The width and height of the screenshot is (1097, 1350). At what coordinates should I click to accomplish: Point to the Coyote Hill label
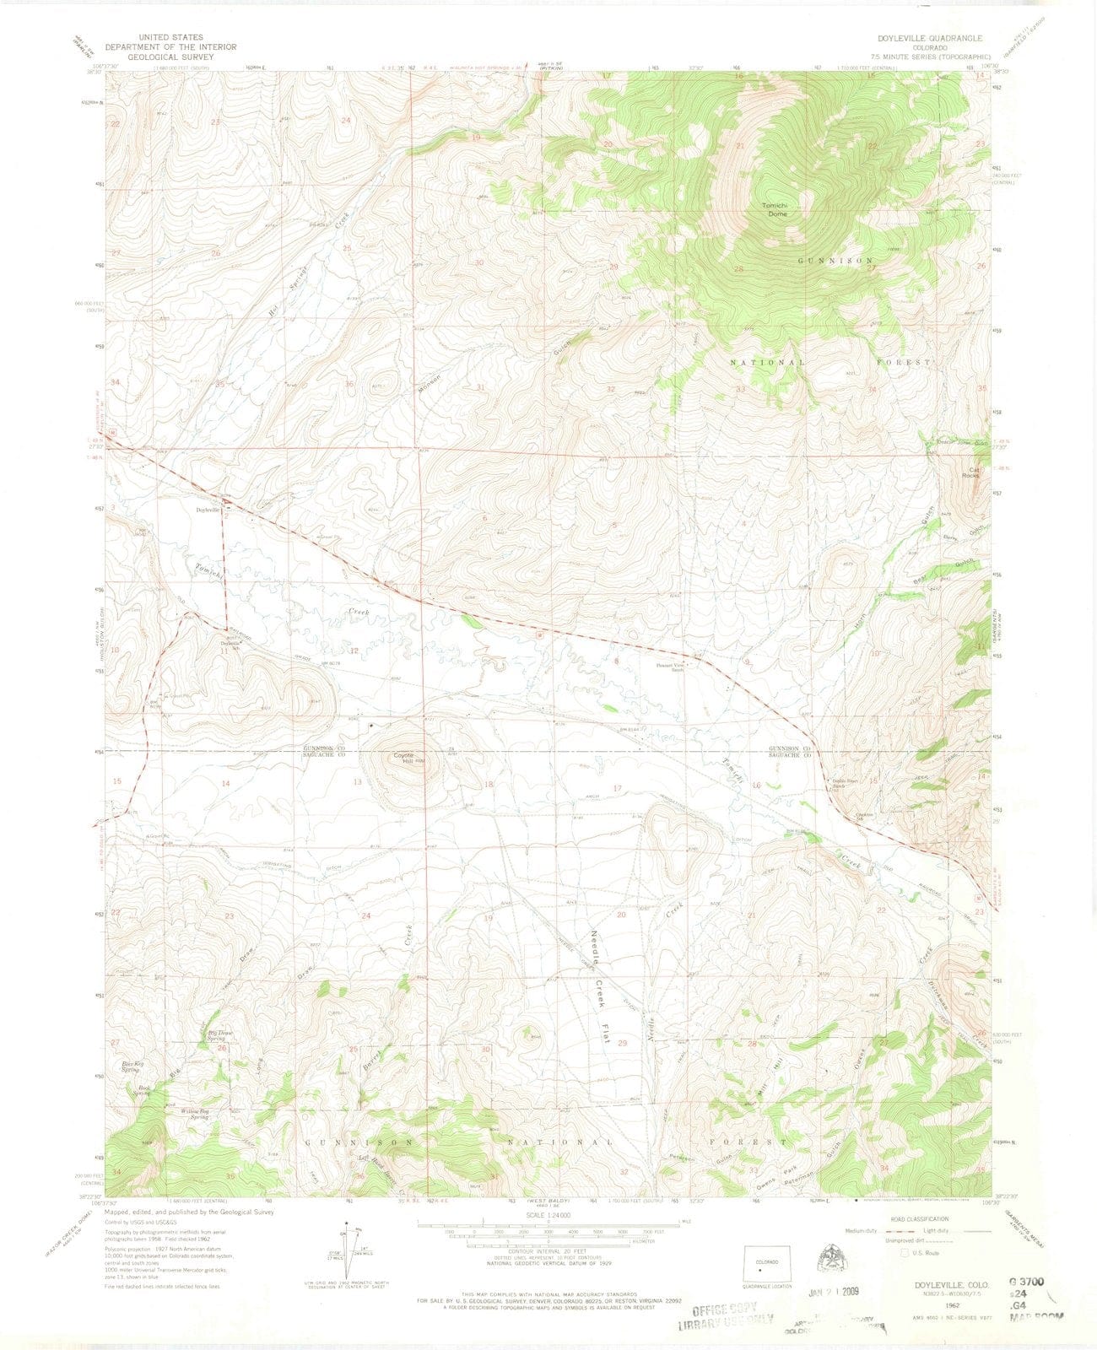395,759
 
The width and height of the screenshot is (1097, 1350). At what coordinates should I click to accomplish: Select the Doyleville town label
208,510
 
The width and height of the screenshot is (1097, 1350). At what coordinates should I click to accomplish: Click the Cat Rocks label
975,472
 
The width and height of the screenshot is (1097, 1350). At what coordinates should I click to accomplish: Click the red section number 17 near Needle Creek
617,788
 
